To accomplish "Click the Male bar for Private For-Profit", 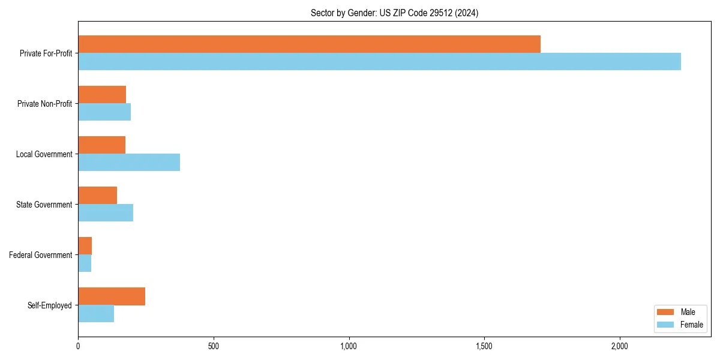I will [x=309, y=44].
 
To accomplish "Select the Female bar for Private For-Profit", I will [x=379, y=61].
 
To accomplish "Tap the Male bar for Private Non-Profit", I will [x=102, y=95].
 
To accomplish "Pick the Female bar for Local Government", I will [x=129, y=162].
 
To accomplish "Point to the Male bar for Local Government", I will [x=101, y=145].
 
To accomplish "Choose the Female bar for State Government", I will [x=106, y=212].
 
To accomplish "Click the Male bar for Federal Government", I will [x=85, y=246].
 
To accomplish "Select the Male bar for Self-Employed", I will [x=112, y=296].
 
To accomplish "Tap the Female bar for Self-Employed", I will [x=96, y=313].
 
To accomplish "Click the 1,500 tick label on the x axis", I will [x=484, y=346].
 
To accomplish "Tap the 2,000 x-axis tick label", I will [x=619, y=346].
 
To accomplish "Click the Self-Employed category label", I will [x=50, y=305].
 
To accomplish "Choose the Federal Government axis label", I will [x=41, y=255].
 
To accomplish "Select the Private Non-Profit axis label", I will [x=44, y=104].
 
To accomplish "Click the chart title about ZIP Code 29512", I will [x=394, y=13].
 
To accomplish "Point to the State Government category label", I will [x=44, y=205].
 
